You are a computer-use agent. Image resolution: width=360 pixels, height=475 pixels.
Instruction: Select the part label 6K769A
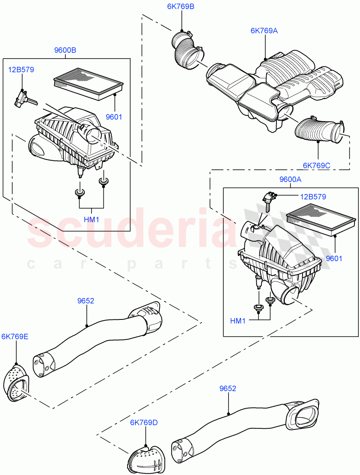264,30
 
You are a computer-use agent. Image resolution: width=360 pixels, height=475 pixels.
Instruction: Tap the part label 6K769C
316,165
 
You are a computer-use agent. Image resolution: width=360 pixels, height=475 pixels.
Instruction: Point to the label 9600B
65,50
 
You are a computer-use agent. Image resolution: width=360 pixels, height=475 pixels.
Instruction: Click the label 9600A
290,179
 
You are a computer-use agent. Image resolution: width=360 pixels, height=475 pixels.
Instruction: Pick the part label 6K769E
15,337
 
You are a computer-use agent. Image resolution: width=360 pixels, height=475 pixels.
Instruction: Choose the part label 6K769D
144,423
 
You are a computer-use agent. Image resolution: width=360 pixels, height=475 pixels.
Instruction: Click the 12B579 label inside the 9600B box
21,70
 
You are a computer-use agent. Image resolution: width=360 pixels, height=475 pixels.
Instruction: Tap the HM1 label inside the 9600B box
91,219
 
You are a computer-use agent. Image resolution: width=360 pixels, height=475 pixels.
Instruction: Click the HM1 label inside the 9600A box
238,321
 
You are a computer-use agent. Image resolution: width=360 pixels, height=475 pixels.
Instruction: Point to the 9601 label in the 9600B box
114,117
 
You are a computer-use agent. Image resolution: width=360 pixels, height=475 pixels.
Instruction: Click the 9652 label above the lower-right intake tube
227,388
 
